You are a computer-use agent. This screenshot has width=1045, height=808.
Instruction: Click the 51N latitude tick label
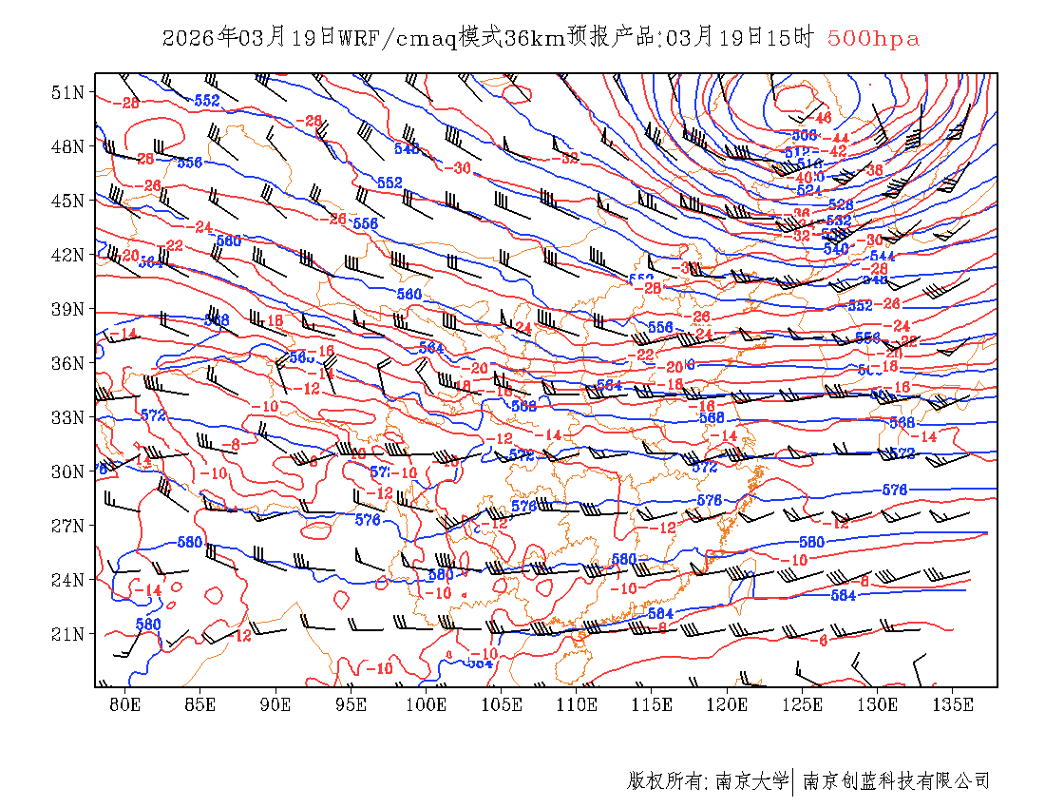[x=68, y=92]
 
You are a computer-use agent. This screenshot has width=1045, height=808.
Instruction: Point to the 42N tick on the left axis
[x=68, y=255]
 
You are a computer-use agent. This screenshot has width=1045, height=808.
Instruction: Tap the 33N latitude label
[x=68, y=417]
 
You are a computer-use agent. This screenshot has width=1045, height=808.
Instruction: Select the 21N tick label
[x=68, y=634]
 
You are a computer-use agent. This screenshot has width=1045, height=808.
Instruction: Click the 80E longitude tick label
[x=125, y=704]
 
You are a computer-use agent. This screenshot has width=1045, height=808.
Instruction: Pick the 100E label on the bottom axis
[x=427, y=704]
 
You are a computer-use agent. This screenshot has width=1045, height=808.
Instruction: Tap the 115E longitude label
[x=653, y=704]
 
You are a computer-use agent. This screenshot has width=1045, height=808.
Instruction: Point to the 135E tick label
[x=954, y=704]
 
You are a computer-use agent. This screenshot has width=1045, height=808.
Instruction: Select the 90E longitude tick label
[x=276, y=704]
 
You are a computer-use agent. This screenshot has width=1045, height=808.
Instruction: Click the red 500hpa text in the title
[x=873, y=38]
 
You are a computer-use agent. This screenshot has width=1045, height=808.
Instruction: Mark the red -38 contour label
[x=873, y=170]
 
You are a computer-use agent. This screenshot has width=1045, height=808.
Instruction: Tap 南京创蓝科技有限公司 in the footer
[x=896, y=781]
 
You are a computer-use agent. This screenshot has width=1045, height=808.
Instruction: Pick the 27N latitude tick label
[x=68, y=526]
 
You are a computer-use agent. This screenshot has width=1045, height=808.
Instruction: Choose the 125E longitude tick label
[x=803, y=704]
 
